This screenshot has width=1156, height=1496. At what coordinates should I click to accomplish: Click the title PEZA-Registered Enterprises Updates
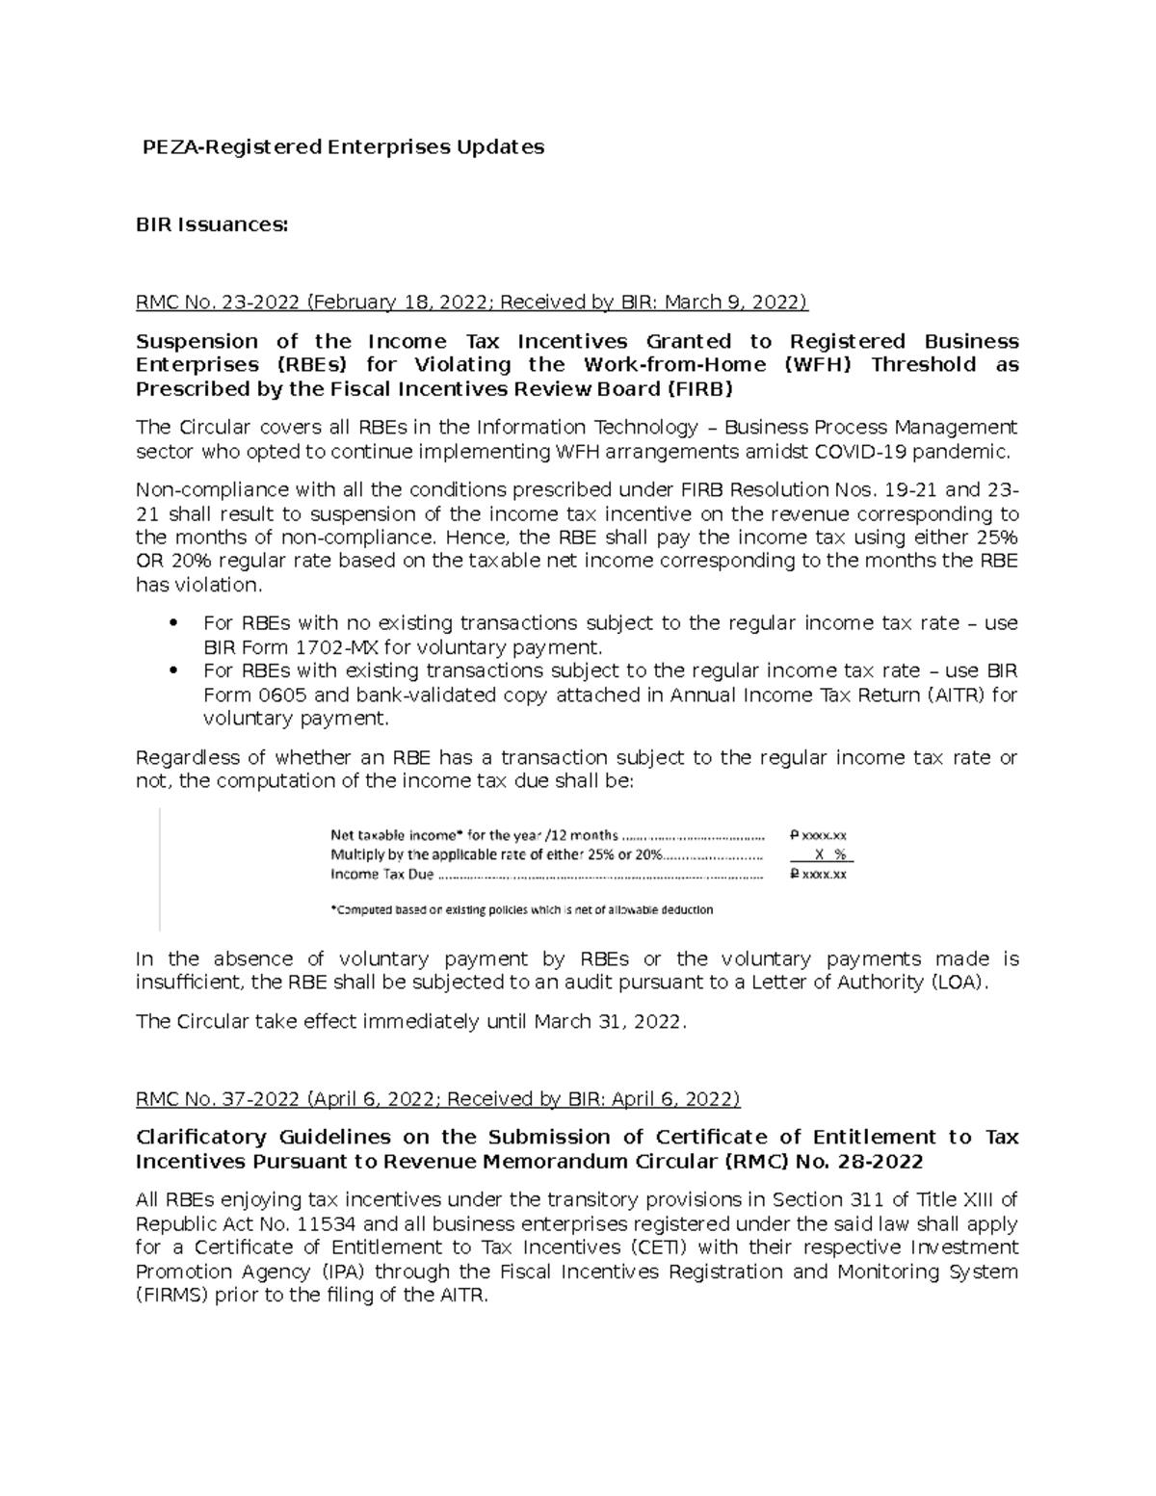click(343, 147)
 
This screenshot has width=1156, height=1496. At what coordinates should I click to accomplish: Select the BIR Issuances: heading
click(211, 224)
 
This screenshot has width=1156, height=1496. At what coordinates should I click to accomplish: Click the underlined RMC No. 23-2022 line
click(471, 302)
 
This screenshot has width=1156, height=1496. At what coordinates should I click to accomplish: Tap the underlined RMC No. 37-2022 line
click(437, 1099)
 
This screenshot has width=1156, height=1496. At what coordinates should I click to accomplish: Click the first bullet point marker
click(173, 623)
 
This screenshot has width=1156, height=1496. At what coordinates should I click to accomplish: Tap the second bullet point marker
click(173, 670)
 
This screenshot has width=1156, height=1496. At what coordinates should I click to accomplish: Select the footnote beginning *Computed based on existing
click(521, 909)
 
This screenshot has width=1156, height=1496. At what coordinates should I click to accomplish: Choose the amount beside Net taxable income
click(817, 836)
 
